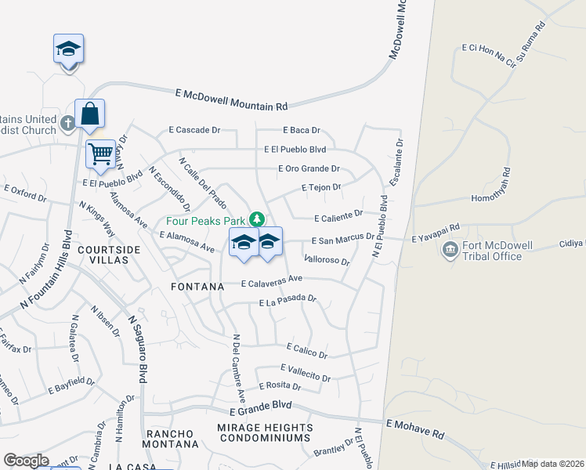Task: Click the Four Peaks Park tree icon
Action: point(256,218)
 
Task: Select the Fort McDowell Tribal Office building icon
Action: point(450,251)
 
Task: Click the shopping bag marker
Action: point(90,114)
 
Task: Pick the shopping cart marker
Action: point(100,154)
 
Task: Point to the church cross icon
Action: point(68,122)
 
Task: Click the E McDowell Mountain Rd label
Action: point(232,99)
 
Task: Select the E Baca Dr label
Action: point(302,131)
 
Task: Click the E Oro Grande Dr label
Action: point(309,168)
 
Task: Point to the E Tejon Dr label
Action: point(322,187)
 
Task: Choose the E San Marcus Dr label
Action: point(342,240)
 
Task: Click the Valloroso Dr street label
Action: point(326,259)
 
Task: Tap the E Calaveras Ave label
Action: point(271,280)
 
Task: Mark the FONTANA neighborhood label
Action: point(199,287)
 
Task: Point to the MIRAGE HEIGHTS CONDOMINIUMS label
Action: point(265,433)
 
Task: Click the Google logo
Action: point(27,461)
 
